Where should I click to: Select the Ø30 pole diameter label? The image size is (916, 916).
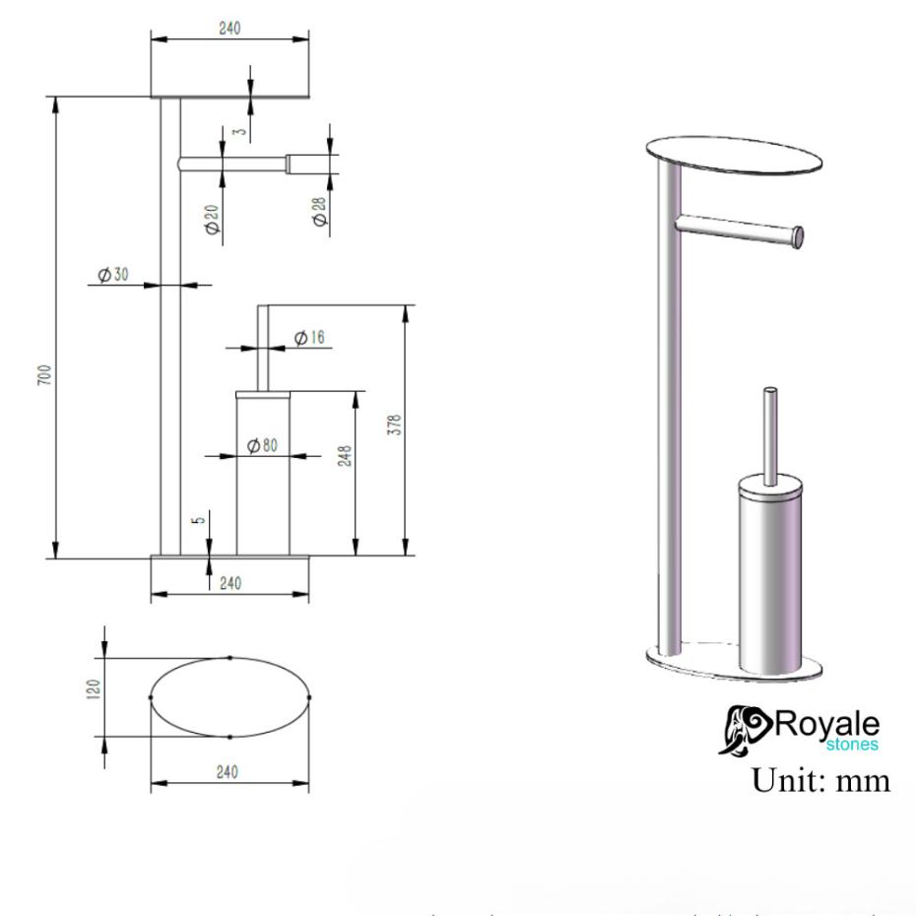tap(113, 275)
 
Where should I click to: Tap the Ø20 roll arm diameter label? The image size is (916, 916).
tap(212, 219)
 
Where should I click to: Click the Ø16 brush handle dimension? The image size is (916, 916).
tap(310, 338)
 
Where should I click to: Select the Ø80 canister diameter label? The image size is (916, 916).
tap(262, 445)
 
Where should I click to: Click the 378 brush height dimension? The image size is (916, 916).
tap(395, 425)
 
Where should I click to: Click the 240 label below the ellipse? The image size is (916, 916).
tap(229, 773)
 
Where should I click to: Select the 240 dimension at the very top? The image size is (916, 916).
tap(229, 29)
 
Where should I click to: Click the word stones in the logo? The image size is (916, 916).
tap(852, 745)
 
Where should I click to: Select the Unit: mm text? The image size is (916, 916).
tap(820, 780)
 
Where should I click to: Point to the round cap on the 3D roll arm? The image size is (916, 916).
tap(798, 236)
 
